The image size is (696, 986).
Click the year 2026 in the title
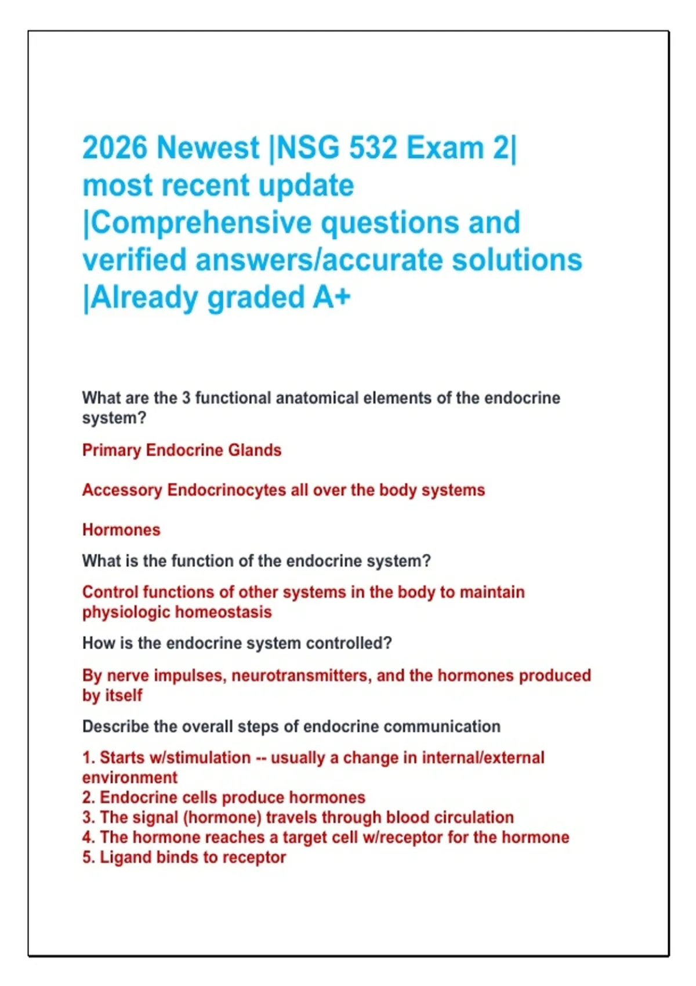[114, 148]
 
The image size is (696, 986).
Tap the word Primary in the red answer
[111, 451]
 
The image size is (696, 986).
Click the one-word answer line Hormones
[121, 530]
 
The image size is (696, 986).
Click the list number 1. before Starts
[88, 758]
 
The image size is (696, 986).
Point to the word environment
[130, 778]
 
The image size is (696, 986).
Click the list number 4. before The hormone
[88, 838]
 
